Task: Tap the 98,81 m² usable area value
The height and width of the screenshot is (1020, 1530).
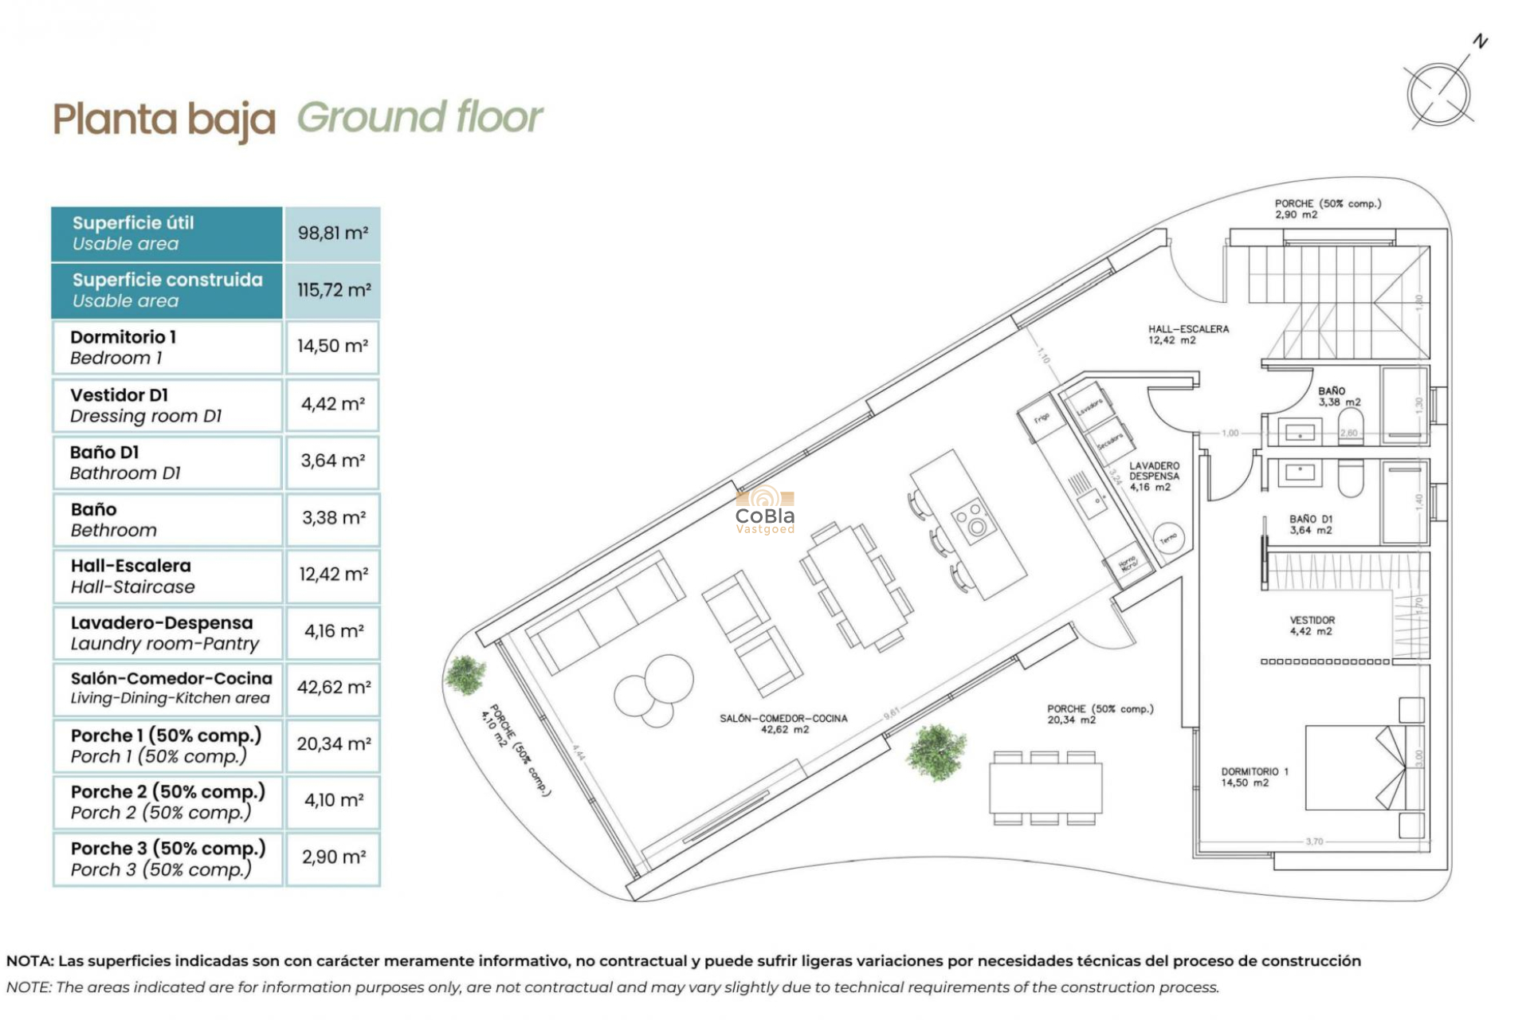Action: point(332,233)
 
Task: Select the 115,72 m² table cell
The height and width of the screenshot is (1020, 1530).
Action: point(333,290)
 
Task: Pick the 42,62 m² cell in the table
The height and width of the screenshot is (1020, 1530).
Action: point(333,687)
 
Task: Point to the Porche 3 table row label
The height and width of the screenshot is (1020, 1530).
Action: point(167,858)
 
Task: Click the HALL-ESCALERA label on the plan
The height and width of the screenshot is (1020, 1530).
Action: point(1187,334)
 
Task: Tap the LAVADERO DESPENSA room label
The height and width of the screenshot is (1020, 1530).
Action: point(1153,476)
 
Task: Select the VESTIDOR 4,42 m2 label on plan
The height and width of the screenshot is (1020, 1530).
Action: point(1312,626)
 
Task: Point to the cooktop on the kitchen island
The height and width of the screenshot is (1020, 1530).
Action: point(972,520)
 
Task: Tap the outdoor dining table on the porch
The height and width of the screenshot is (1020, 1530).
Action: point(1045,787)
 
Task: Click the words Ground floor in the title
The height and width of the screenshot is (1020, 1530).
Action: point(420,118)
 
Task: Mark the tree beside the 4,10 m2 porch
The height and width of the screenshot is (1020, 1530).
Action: point(465,674)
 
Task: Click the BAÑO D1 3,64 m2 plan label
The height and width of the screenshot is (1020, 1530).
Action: point(1310,524)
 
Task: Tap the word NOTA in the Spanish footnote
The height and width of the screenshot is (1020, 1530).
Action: point(29,961)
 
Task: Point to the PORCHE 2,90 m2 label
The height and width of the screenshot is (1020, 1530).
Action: point(1327,209)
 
